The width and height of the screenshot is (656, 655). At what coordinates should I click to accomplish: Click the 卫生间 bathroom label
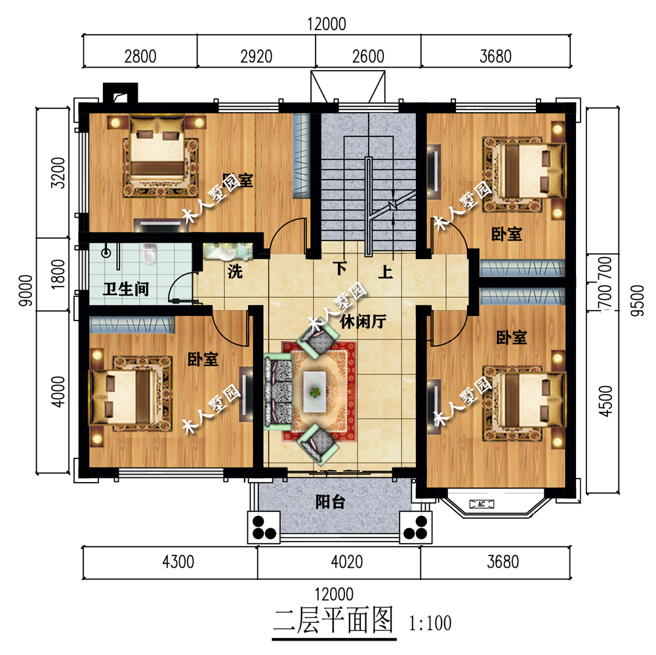pyautogui.click(x=127, y=288)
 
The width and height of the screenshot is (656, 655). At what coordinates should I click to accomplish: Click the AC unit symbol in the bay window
pyautogui.click(x=482, y=504)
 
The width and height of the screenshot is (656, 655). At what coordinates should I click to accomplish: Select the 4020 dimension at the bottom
pyautogui.click(x=337, y=562)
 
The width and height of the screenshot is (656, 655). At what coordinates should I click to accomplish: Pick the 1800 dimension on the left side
pyautogui.click(x=57, y=274)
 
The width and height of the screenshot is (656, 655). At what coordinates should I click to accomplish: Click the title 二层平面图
pyautogui.click(x=333, y=619)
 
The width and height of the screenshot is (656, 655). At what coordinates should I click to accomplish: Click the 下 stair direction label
pyautogui.click(x=339, y=269)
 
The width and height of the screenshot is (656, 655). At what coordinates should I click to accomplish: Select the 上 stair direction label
pyautogui.click(x=385, y=270)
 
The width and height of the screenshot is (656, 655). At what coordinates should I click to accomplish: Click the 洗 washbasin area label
pyautogui.click(x=234, y=271)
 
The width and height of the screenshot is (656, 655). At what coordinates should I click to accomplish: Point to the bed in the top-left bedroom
pyautogui.click(x=157, y=153)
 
